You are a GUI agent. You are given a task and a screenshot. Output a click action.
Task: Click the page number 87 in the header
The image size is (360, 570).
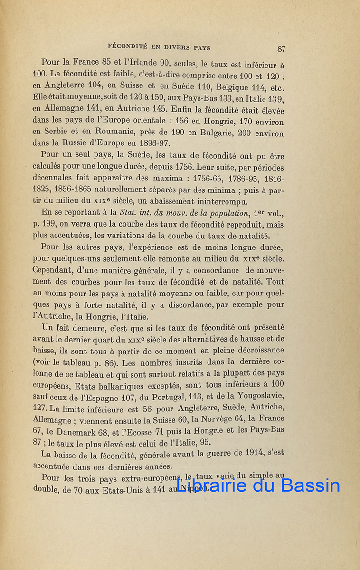281,48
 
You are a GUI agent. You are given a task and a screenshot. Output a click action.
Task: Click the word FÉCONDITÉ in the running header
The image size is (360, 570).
125,47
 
